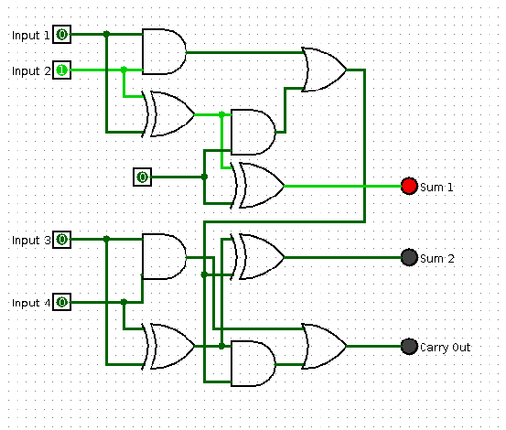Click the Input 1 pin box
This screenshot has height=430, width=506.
62,34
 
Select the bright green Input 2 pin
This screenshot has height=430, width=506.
62,70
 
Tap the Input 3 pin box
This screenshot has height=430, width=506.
62,240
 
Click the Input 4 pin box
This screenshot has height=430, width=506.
62,303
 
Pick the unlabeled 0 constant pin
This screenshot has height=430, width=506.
142,177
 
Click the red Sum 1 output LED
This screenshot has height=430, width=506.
409,186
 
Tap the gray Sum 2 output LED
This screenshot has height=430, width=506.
409,258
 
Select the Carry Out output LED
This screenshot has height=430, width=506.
409,346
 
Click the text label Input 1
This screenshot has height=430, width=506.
30,35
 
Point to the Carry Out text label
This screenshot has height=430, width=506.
445,347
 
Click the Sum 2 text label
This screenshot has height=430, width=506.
437,259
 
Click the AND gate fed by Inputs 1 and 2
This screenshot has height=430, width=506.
164,52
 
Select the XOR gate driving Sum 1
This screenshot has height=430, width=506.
257,186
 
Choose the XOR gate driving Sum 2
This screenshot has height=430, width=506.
257,258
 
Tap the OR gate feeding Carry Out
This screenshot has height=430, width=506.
323,346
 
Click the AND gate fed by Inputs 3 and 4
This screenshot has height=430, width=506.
164,257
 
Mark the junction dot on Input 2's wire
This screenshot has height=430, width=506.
124,70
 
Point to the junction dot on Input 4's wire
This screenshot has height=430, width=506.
124,302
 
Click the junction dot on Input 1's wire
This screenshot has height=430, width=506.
106,34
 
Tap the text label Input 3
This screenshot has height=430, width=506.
31,241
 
